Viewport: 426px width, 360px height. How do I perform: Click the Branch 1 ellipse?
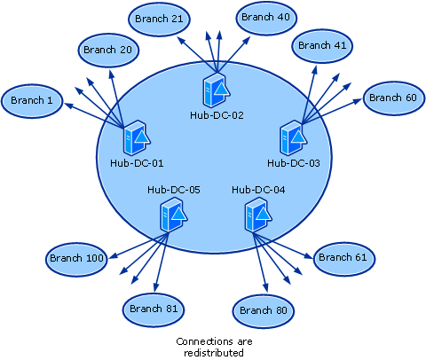click(x=32, y=101)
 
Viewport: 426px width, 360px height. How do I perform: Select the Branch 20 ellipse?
click(x=108, y=51)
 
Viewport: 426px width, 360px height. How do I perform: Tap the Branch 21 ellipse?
click(x=159, y=20)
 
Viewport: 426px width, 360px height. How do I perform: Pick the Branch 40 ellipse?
click(x=266, y=18)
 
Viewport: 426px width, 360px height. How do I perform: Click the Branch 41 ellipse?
click(x=322, y=46)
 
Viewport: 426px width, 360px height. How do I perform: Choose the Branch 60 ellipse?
click(x=393, y=98)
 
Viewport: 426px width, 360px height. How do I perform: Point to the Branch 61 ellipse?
click(x=343, y=258)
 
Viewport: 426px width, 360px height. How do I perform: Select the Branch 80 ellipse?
click(x=264, y=311)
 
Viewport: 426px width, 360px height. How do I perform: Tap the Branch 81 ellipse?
click(x=154, y=309)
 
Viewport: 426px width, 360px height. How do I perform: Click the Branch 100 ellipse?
click(x=76, y=259)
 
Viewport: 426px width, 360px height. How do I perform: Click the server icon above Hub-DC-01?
click(x=137, y=137)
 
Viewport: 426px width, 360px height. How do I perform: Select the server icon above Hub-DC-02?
click(x=217, y=90)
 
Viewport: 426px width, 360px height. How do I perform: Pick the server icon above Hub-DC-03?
click(x=294, y=137)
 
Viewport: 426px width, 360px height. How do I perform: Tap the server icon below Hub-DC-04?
click(x=258, y=215)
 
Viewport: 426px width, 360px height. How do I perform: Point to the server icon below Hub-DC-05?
click(x=174, y=215)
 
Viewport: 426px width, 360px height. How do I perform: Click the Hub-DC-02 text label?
click(x=217, y=115)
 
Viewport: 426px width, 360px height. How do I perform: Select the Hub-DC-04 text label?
click(x=258, y=190)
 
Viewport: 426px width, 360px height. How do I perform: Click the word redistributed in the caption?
click(x=214, y=353)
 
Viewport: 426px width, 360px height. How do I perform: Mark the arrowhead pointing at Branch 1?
click(x=68, y=106)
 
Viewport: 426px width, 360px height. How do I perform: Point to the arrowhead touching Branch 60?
click(x=358, y=101)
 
